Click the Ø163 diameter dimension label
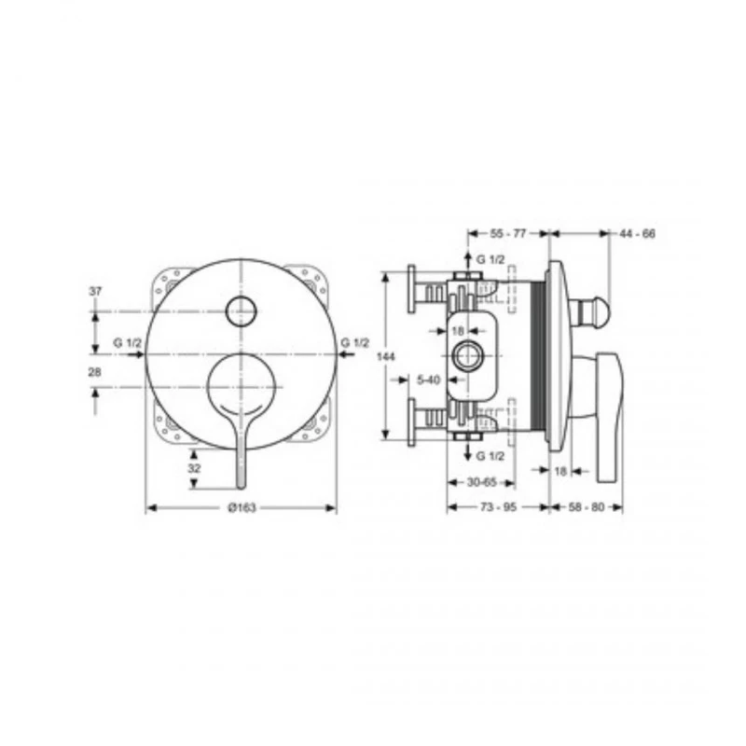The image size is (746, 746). point(241,507)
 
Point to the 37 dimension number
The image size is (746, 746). point(94,292)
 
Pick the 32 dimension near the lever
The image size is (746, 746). point(194,469)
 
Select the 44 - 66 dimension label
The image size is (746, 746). point(637,233)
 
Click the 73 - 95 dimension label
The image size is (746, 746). point(497,507)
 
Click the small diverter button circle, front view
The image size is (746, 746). point(242,309)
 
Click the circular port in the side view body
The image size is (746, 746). point(467,356)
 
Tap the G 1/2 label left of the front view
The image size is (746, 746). point(128,343)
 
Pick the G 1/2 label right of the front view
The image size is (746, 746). point(355,343)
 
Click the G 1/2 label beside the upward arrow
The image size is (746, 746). point(490,258)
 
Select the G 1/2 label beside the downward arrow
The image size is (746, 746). point(490,456)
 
